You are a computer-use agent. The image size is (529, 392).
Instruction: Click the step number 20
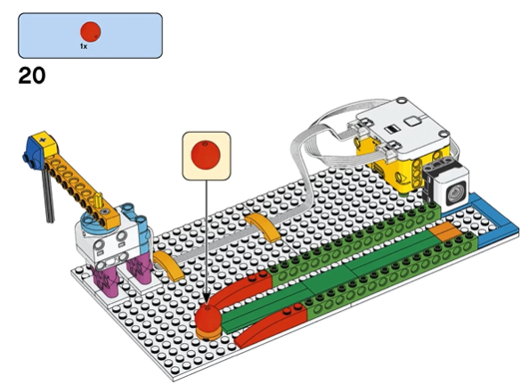click(x=32, y=76)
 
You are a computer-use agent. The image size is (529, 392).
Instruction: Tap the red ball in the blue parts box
click(x=91, y=32)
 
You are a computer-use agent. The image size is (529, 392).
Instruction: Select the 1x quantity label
click(x=84, y=46)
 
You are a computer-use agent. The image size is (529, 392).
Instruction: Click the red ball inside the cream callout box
click(x=206, y=155)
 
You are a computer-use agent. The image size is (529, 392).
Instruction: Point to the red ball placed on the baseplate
click(x=208, y=317)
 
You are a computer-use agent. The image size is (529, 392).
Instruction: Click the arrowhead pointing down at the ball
click(x=207, y=299)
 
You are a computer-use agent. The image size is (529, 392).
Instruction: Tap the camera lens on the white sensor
click(x=456, y=193)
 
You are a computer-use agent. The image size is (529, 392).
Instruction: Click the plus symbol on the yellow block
click(x=42, y=140)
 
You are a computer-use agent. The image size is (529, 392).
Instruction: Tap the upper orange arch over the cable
click(x=262, y=227)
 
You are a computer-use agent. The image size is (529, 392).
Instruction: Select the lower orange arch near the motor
click(x=168, y=265)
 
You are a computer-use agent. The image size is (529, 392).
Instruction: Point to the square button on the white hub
click(x=412, y=121)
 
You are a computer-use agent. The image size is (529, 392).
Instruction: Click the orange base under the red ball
click(x=208, y=333)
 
